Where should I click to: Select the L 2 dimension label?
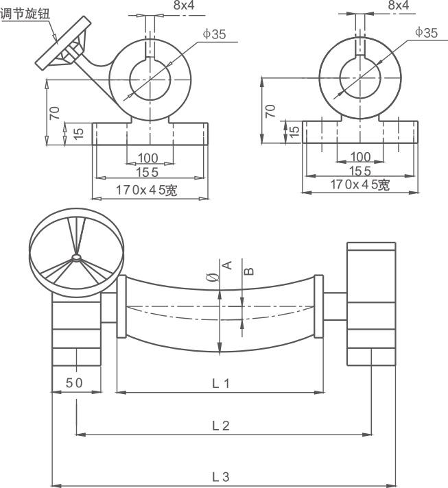click(x=220, y=426)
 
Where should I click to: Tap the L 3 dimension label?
click(x=220, y=476)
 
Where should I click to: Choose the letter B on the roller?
click(x=249, y=270)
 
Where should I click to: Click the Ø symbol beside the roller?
click(x=212, y=278)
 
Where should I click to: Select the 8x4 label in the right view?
click(x=397, y=5)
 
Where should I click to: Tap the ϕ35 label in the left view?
click(x=214, y=34)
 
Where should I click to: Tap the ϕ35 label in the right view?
click(x=426, y=32)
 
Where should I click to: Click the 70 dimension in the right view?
click(x=270, y=110)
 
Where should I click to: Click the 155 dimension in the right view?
click(x=359, y=171)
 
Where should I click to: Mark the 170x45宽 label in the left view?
click(x=146, y=191)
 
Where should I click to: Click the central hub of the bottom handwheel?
click(x=75, y=258)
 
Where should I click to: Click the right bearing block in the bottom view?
click(x=371, y=304)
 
